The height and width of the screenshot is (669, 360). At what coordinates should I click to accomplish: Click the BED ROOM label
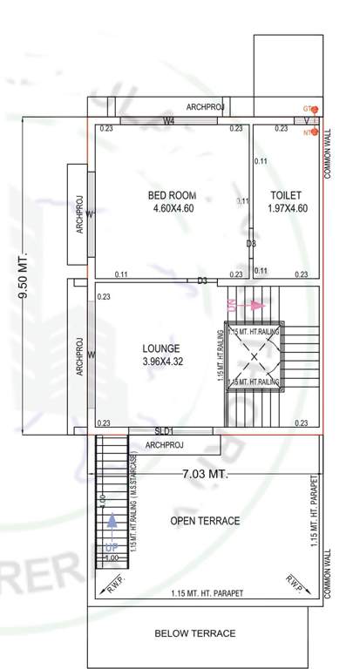point(172,194)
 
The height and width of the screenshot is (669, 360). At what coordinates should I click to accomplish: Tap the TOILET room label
point(286,194)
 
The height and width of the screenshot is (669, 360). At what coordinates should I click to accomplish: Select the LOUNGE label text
point(160,348)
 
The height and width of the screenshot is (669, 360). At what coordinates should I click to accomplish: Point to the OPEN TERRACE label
point(205,521)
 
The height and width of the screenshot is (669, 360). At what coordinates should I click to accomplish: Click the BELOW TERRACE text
point(194,633)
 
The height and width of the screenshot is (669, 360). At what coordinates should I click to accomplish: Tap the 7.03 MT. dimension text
point(205,475)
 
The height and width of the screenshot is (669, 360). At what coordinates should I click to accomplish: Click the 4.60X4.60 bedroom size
point(172,209)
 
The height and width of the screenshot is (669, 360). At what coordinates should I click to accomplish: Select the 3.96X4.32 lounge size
point(160,362)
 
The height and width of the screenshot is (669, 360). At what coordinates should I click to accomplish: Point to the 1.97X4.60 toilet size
point(286,209)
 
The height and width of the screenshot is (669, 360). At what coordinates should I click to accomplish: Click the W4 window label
point(169,121)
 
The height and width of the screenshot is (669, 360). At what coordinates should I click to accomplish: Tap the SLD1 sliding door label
point(165,431)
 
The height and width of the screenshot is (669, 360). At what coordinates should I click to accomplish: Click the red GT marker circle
point(315,109)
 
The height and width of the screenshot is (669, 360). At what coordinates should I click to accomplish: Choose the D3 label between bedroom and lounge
point(201,280)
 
